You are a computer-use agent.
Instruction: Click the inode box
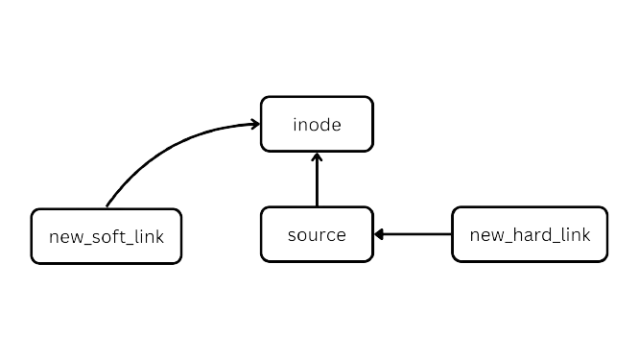point(317,123)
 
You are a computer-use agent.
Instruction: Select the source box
point(317,234)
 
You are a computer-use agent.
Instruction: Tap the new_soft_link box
point(106,235)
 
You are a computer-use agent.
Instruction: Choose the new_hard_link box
point(530,234)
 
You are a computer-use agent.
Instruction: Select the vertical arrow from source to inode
point(317,182)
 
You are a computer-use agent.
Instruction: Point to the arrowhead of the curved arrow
point(254,123)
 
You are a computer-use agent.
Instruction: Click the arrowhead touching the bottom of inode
point(317,157)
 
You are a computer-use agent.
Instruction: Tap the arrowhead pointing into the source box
point(380,234)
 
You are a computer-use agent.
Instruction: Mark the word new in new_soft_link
point(64,236)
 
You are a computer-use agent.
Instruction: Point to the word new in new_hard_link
point(485,235)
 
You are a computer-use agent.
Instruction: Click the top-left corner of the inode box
point(263,97)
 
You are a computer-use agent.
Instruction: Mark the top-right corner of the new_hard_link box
point(604,209)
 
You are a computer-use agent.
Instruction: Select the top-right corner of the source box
point(370,209)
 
